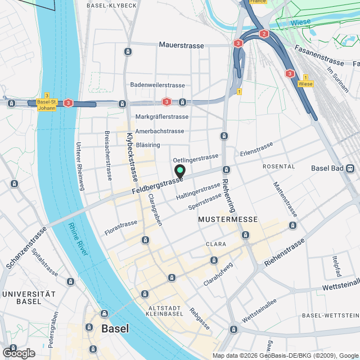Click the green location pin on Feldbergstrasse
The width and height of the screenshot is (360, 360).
pos(180,171)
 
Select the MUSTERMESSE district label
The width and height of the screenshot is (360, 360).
pos(228,219)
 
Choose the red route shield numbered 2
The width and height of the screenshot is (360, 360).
pos(264,34)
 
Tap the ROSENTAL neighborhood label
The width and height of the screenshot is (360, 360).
pos(278,167)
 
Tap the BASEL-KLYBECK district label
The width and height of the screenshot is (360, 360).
pos(112,5)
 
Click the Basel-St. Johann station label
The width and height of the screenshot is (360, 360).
pos(46,105)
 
